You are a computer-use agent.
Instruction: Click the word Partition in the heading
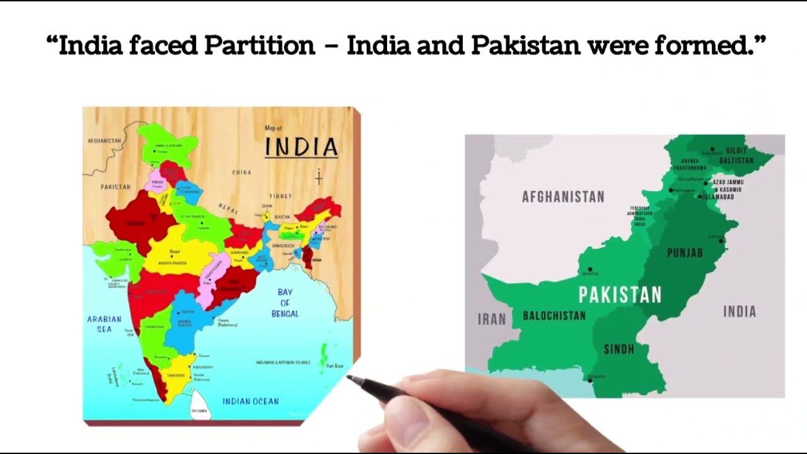(x=259, y=45)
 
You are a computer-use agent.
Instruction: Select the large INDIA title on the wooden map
(x=301, y=148)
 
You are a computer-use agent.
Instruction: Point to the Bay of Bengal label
(x=285, y=303)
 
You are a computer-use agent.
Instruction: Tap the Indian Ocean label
(x=250, y=401)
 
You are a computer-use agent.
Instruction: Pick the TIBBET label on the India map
(x=281, y=197)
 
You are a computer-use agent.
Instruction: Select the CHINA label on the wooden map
(x=241, y=172)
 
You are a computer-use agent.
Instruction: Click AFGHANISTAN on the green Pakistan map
(x=563, y=197)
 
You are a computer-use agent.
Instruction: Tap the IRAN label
(x=492, y=319)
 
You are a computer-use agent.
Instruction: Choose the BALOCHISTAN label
(x=554, y=315)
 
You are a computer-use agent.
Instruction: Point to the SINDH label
(x=618, y=349)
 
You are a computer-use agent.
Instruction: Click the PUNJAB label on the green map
(x=685, y=253)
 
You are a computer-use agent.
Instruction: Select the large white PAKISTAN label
(x=620, y=295)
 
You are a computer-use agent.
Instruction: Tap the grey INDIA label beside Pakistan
(x=739, y=311)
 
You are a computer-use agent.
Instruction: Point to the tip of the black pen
(x=349, y=378)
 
